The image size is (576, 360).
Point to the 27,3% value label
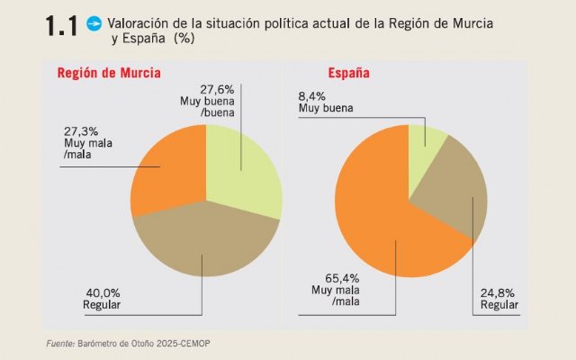pos(81,130)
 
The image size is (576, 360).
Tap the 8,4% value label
pos(313,95)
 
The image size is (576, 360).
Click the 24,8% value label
pos(499,292)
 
